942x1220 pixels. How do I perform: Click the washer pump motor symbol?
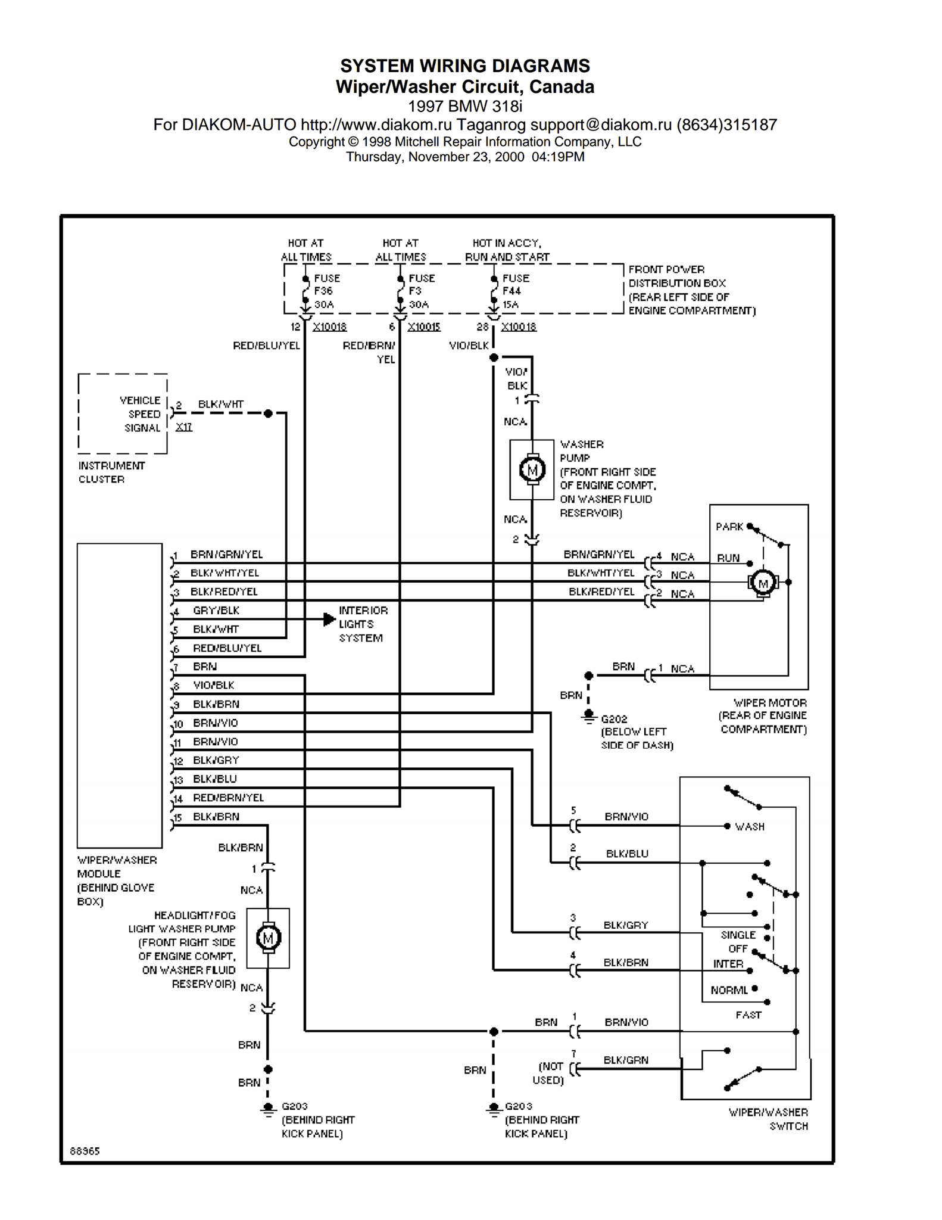pyautogui.click(x=532, y=470)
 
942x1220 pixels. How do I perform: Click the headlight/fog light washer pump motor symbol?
pyautogui.click(x=268, y=938)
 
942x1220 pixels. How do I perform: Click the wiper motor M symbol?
pyautogui.click(x=763, y=583)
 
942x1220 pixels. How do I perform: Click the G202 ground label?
pyautogui.click(x=614, y=719)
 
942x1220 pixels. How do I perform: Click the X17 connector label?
pyautogui.click(x=184, y=427)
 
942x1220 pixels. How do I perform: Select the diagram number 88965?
pyautogui.click(x=85, y=1151)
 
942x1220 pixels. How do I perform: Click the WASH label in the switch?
pyautogui.click(x=750, y=827)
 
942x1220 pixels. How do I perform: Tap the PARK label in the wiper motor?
pyautogui.click(x=729, y=527)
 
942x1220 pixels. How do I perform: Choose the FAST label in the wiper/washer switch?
pyautogui.click(x=748, y=1014)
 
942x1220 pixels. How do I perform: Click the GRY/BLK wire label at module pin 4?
pyautogui.click(x=216, y=611)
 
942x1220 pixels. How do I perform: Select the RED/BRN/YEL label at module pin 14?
pyautogui.click(x=229, y=798)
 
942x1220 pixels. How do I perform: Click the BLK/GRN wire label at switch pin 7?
pyautogui.click(x=626, y=1060)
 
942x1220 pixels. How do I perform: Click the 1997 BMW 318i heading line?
pyautogui.click(x=465, y=107)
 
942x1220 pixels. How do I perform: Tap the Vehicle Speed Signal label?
pyautogui.click(x=141, y=414)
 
